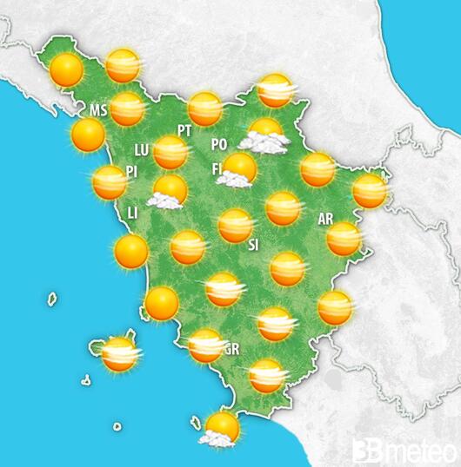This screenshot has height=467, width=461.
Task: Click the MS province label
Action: pos(97,111)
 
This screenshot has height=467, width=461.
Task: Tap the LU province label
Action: pos(143,149)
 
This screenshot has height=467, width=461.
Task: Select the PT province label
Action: pos(184,130)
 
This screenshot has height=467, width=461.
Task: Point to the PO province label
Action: pos(219,144)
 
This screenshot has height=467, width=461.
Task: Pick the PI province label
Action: pos(133,171)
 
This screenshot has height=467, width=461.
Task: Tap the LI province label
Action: pos(133,212)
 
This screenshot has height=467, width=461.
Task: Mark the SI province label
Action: pos(253,245)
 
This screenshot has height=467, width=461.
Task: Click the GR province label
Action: pos(231,350)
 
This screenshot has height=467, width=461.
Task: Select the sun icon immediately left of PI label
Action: pos(110,182)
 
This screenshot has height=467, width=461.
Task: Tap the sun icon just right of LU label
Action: pos(171,152)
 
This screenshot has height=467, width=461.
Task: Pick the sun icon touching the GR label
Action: pos(205,345)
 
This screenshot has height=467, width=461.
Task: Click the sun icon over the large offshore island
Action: pos(118,353)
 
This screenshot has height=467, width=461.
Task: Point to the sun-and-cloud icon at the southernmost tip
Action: pos(221,429)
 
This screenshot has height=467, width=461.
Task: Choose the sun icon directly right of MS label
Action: pos(127,109)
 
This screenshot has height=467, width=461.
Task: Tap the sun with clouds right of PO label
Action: pos(264,135)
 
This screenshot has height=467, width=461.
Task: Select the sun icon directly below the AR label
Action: pos(344,239)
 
